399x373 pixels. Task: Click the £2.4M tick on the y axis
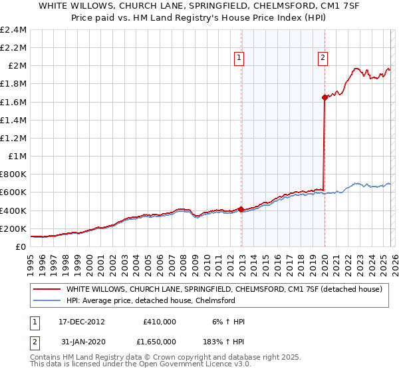pyautogui.click(x=13, y=30)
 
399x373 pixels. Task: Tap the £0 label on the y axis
pyautogui.click(x=21, y=246)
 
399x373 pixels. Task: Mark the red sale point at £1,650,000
pyautogui.click(x=325, y=97)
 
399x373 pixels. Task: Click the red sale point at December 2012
pyautogui.click(x=241, y=209)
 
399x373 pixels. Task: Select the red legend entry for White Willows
pyautogui.click(x=223, y=289)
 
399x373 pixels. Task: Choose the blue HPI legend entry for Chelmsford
pyautogui.click(x=150, y=300)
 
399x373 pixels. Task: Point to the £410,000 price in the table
pyautogui.click(x=159, y=321)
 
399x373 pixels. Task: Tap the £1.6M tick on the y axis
pyautogui.click(x=13, y=102)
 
